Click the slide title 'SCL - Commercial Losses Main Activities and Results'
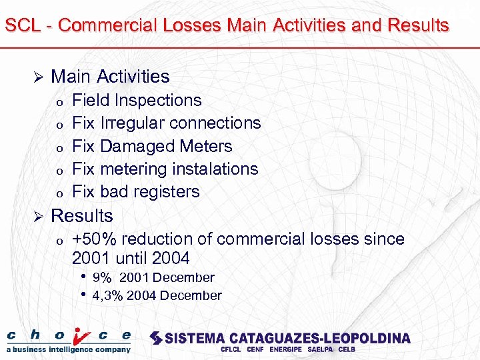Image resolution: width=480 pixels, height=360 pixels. [227, 26]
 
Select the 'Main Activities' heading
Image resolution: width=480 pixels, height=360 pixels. [110, 77]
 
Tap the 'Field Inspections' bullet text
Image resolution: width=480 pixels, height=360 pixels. [137, 101]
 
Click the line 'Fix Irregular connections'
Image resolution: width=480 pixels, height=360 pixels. [166, 123]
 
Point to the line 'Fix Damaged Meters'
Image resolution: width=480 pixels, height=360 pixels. [152, 146]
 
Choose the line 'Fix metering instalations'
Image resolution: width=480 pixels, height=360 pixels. [165, 169]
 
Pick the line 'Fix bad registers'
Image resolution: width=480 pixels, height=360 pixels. [136, 191]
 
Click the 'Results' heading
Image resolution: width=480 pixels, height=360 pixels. [82, 216]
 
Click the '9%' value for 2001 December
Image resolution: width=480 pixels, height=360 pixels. [102, 277]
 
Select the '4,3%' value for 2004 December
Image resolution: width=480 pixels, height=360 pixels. [108, 295]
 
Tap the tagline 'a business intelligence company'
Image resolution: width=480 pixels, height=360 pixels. [69, 349]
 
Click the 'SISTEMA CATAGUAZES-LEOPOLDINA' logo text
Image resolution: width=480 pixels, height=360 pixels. [280, 337]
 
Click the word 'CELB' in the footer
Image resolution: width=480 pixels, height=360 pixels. [347, 349]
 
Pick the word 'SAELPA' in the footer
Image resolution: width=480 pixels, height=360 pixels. [320, 349]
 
